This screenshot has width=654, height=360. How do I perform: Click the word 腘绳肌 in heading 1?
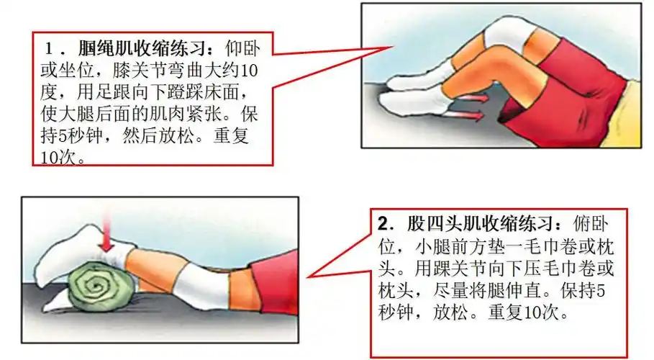coord(104,49)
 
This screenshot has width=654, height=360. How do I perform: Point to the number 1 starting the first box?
coord(50,49)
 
